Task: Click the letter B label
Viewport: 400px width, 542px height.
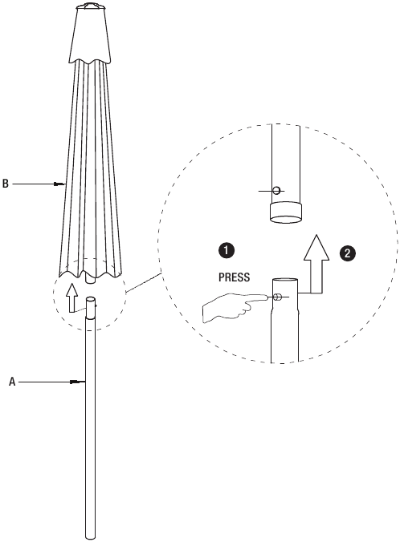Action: (x=5, y=184)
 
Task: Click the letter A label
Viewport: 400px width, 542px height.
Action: (x=13, y=382)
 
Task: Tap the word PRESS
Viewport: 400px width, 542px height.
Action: (x=234, y=277)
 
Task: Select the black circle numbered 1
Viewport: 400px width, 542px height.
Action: (x=227, y=250)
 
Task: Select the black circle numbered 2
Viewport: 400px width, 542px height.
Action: (x=347, y=253)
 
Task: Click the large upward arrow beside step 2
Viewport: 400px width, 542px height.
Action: (x=316, y=265)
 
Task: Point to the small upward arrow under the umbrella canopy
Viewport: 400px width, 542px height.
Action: (x=72, y=297)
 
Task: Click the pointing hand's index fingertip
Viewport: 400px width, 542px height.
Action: (x=265, y=297)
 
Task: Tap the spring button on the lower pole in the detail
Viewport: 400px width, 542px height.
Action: (x=277, y=297)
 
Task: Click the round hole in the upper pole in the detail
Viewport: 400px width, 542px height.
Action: (x=277, y=190)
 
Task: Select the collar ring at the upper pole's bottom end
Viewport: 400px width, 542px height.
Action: (x=285, y=213)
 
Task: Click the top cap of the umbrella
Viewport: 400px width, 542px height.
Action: (x=90, y=6)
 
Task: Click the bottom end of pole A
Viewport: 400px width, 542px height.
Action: (x=90, y=537)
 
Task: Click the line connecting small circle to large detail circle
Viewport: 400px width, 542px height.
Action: (x=143, y=283)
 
